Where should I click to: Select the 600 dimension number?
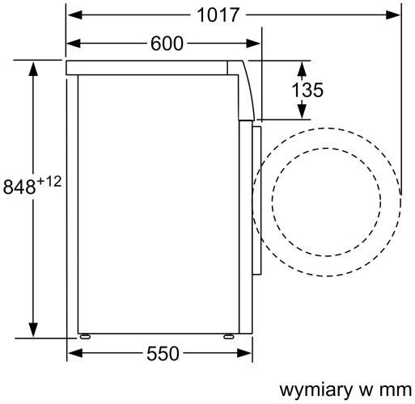(167, 44)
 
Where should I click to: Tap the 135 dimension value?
(307, 90)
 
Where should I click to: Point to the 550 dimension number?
(164, 354)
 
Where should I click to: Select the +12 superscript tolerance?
(49, 180)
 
